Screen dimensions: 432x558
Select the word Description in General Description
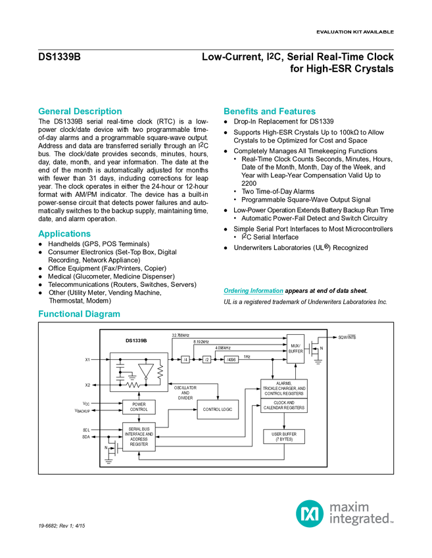click(x=98, y=112)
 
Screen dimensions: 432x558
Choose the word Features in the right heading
click(x=298, y=112)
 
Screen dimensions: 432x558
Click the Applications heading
click(x=64, y=234)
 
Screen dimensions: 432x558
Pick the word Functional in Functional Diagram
click(x=59, y=314)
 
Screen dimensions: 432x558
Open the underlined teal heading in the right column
click(x=253, y=291)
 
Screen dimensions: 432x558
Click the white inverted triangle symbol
click(x=145, y=369)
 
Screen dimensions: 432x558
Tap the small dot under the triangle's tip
click(x=145, y=379)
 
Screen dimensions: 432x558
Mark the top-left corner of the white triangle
click(x=138, y=364)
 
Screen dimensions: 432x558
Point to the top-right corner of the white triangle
click(x=153, y=364)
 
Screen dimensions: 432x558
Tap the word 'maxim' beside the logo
click(x=349, y=507)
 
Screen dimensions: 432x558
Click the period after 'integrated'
click(x=393, y=523)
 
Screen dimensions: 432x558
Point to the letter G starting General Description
click(x=40, y=112)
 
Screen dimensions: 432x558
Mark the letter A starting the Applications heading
click(x=40, y=234)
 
